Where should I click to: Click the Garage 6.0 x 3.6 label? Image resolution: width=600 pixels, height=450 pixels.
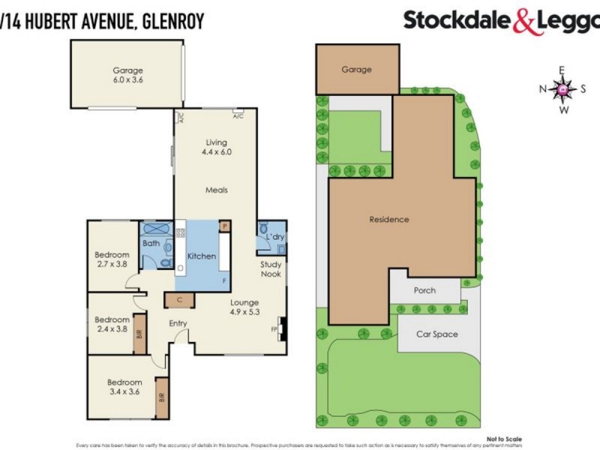(127, 76)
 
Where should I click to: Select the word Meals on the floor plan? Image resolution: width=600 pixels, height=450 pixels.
(217, 190)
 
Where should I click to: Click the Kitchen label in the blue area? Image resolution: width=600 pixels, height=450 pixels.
(202, 256)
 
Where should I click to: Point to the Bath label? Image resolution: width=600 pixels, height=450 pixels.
(151, 243)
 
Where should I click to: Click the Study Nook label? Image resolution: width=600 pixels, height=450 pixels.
(271, 269)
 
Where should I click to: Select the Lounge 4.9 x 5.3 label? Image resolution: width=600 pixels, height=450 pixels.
(244, 307)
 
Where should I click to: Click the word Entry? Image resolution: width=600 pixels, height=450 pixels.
(178, 323)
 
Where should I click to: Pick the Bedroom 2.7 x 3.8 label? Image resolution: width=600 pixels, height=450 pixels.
(112, 259)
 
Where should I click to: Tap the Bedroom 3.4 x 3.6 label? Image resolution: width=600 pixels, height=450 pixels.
(124, 387)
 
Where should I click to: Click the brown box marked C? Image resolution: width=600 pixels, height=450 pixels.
(180, 300)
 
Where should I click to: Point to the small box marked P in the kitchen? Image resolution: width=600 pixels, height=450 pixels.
(223, 225)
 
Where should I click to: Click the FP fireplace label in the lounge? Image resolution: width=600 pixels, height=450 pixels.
(275, 328)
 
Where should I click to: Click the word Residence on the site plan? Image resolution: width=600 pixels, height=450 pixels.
(389, 220)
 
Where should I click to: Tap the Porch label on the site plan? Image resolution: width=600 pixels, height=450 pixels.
(424, 290)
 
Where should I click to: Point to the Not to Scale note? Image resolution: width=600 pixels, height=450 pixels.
(504, 439)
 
